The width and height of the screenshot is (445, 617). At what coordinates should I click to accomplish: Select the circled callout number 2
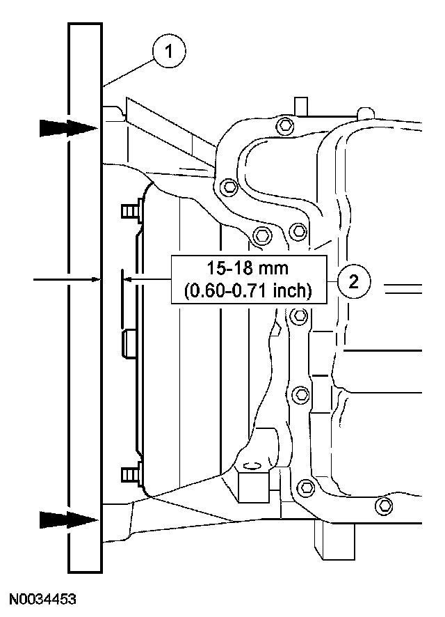[354, 281]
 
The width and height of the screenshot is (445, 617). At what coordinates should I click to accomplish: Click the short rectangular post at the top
[300, 104]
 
